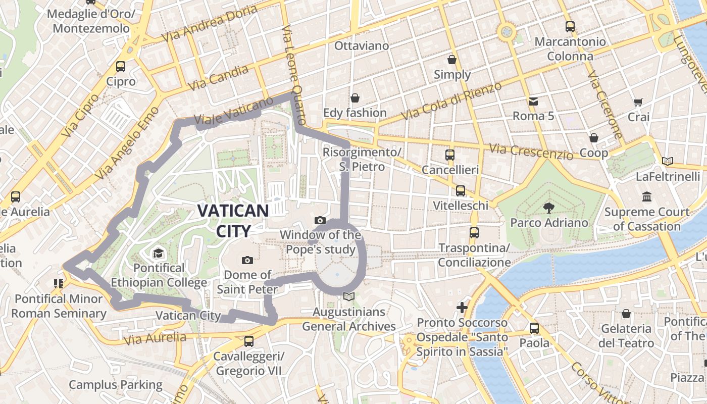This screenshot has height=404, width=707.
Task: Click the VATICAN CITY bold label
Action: (x=233, y=221)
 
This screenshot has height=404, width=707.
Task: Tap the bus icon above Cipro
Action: (x=121, y=66)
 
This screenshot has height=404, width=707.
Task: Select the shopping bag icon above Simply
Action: (x=452, y=60)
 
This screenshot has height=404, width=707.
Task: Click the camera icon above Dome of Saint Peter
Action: (x=247, y=260)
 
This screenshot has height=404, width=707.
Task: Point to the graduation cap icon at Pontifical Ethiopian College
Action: (x=159, y=252)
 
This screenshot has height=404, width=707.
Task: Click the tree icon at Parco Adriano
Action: (x=548, y=207)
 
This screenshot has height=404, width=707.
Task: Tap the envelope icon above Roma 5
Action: (x=533, y=101)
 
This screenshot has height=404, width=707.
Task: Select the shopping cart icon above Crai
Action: (x=638, y=102)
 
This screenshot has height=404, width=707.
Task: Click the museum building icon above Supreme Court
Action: (x=646, y=196)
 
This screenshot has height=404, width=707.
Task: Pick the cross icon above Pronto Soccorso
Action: (x=462, y=307)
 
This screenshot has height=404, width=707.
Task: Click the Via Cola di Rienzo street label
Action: (x=451, y=101)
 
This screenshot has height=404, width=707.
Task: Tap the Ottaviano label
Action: (x=362, y=46)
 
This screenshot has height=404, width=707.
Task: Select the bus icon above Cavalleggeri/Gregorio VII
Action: (x=248, y=341)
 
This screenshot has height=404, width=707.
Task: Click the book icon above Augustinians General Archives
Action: (x=348, y=296)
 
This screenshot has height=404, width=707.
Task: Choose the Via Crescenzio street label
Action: (x=531, y=150)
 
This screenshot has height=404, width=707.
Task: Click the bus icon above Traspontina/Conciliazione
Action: (x=474, y=233)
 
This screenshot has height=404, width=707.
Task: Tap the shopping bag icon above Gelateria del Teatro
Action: (x=626, y=314)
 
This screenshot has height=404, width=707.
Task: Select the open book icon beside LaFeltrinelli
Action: (x=668, y=162)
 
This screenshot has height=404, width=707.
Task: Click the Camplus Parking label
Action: (x=116, y=385)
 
